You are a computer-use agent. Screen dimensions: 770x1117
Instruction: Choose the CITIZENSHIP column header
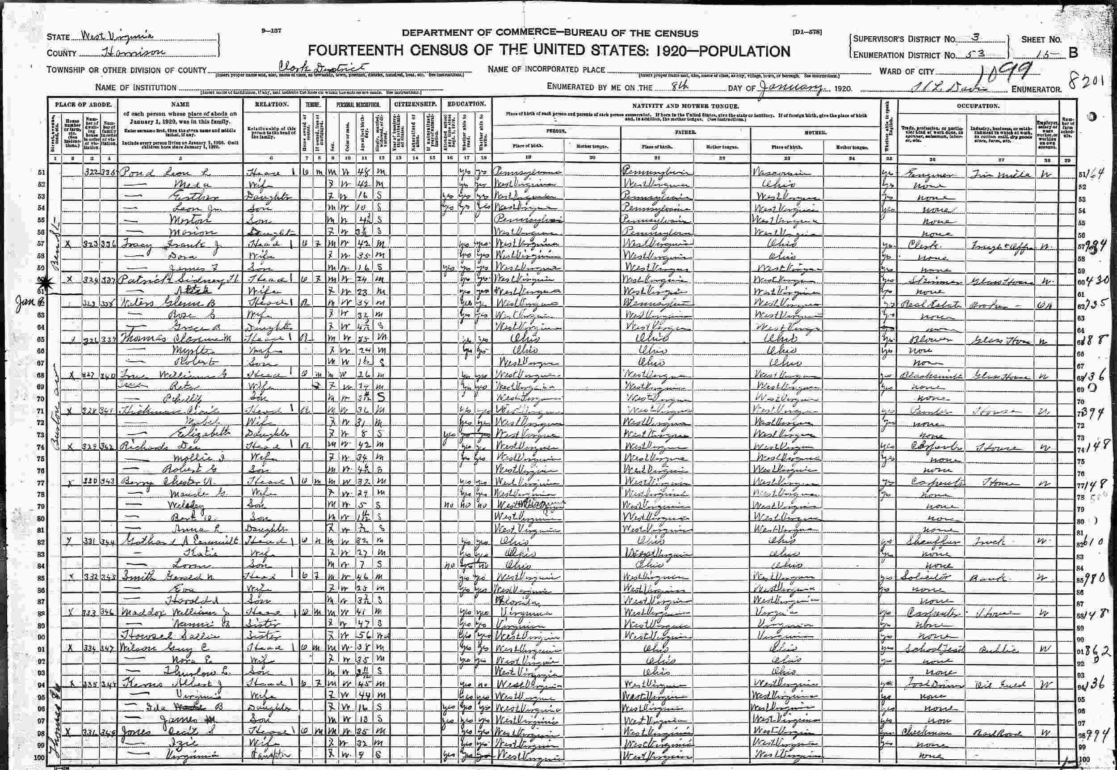[416, 104]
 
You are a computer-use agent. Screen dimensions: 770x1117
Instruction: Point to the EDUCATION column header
[466, 104]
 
